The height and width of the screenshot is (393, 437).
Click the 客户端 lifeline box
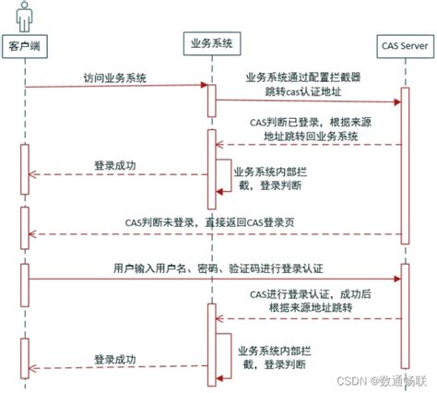[26, 44]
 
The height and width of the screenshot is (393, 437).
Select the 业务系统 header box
[212, 42]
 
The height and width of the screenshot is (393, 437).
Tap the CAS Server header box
[403, 43]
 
